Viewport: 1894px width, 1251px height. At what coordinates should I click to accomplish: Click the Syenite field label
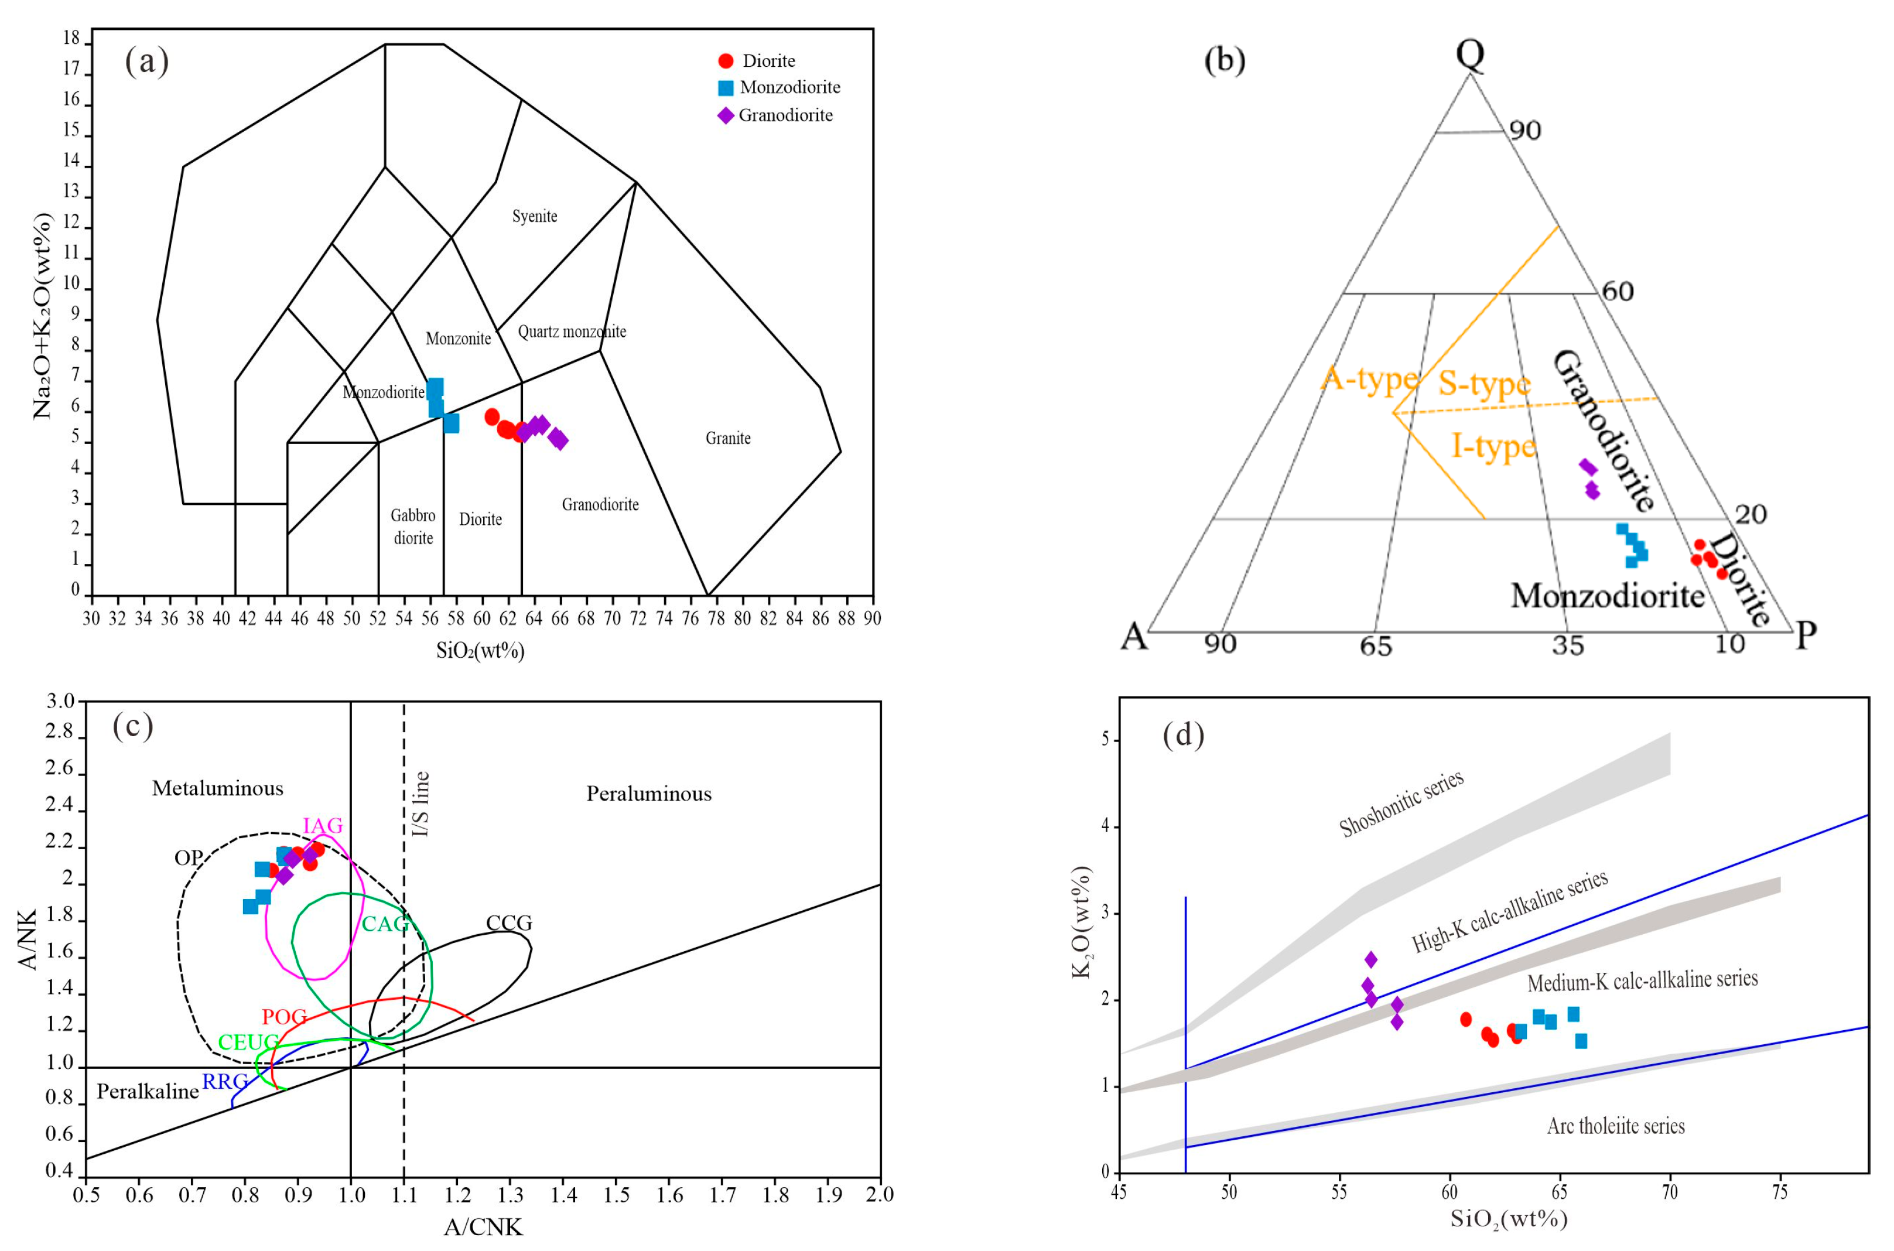[535, 216]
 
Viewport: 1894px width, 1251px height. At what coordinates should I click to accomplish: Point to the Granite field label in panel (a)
[727, 438]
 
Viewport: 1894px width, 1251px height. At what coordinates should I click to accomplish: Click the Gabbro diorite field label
[413, 527]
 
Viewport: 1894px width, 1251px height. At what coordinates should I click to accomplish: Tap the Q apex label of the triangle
[1469, 54]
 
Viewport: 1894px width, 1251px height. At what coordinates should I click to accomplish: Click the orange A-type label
[1370, 378]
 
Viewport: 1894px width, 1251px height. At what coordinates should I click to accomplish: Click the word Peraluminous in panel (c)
[649, 794]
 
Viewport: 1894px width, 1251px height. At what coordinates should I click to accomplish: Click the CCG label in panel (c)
[509, 923]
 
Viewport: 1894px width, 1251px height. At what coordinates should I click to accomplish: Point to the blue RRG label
[224, 1082]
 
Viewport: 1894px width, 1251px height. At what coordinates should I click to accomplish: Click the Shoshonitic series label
[1401, 804]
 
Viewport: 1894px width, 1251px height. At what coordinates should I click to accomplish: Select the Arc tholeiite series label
[1616, 1126]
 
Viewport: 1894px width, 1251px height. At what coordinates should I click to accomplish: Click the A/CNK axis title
[484, 1227]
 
